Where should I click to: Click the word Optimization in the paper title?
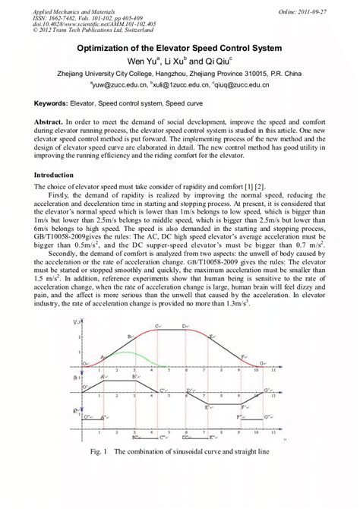click(x=107, y=48)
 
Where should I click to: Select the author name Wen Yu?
click(x=141, y=61)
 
